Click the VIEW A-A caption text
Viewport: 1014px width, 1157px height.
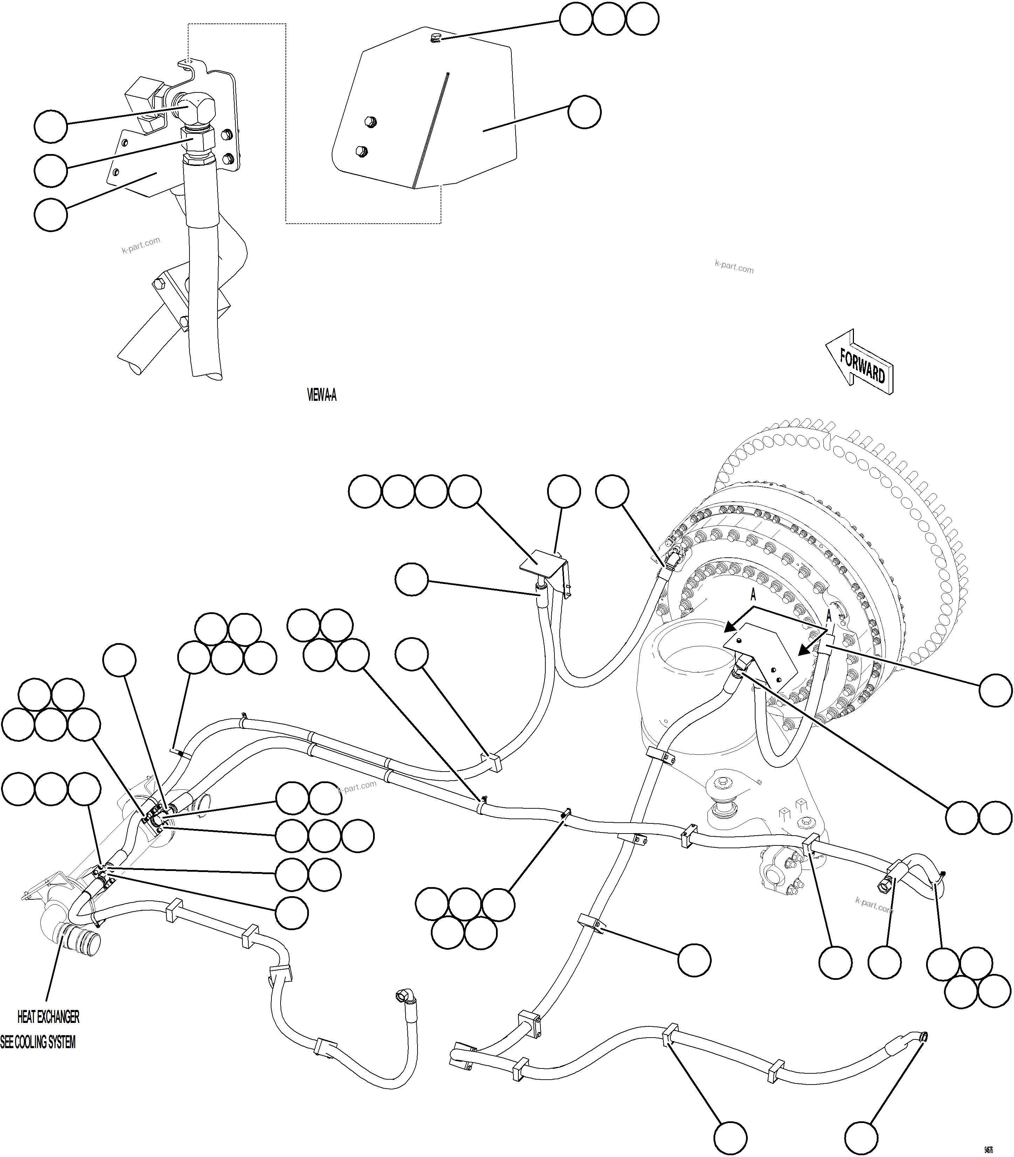322,395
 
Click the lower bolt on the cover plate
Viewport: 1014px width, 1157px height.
361,151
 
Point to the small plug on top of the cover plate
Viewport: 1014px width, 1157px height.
435,38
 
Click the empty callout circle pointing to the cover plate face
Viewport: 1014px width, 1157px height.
585,112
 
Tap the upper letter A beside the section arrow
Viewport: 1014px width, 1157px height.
753,595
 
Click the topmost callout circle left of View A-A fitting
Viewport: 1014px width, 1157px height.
51,126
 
